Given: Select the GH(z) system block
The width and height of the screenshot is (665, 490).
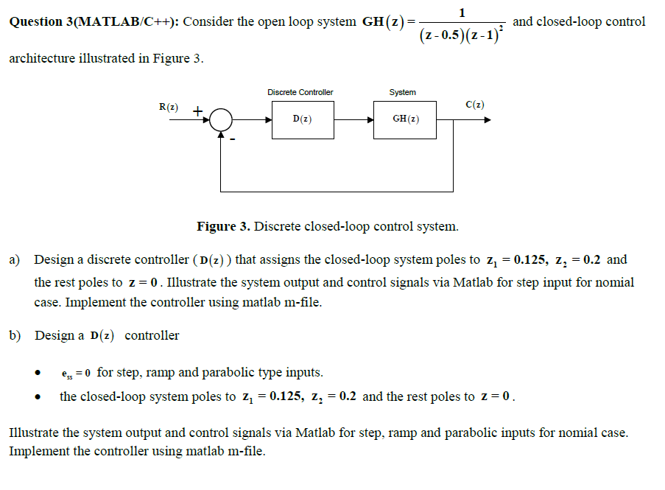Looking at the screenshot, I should (x=404, y=119).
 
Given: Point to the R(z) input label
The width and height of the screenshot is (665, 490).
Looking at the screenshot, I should (x=169, y=107).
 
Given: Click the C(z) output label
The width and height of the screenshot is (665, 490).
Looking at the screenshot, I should (x=475, y=105).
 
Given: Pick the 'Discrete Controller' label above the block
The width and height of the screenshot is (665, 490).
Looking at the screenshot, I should (x=300, y=92).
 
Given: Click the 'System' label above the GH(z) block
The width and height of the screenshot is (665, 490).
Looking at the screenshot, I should (x=403, y=92).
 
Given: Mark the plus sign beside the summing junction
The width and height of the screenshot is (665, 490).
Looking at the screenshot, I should (x=197, y=111).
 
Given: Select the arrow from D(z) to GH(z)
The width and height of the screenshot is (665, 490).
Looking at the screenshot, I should (x=353, y=119).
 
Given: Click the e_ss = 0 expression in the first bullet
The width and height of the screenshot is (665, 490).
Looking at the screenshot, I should (x=76, y=373).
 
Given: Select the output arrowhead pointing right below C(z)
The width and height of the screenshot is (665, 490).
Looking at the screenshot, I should (x=486, y=119).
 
